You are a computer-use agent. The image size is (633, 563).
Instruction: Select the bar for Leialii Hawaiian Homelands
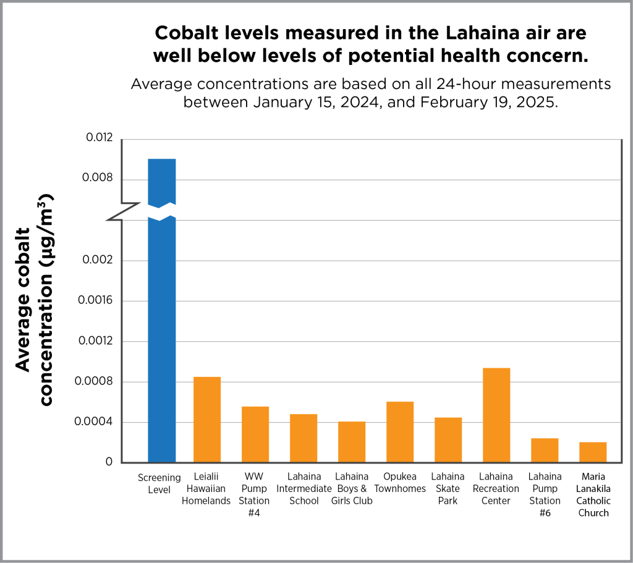[207, 420]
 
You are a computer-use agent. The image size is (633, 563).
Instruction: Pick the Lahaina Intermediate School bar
[304, 438]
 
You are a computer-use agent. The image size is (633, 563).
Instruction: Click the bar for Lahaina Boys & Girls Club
[352, 442]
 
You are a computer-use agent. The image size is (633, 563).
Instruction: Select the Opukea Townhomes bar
[400, 432]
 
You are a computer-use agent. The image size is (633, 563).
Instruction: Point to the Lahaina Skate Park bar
[448, 440]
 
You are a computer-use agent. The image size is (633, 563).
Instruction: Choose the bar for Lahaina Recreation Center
[496, 415]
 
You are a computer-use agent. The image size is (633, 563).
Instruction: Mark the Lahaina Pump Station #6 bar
[545, 451]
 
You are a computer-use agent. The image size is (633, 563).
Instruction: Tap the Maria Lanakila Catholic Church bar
[593, 452]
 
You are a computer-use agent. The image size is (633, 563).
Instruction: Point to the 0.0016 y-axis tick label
[96, 301]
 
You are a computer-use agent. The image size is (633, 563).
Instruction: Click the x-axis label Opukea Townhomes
[400, 483]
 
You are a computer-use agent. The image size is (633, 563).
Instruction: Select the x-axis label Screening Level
[159, 483]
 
